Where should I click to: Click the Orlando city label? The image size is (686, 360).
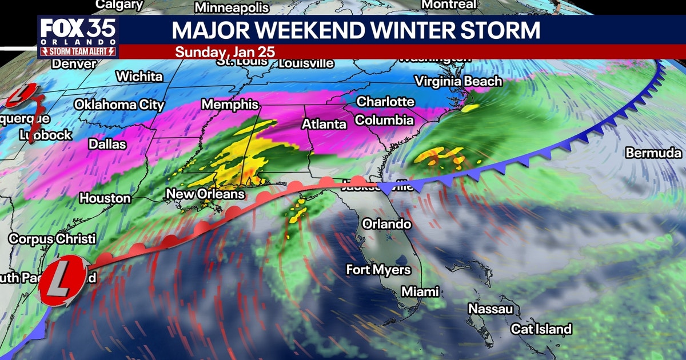(x=386, y=223)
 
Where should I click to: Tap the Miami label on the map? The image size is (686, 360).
(x=420, y=291)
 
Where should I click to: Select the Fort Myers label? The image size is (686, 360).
(x=378, y=269)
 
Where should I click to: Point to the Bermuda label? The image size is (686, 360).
(x=653, y=153)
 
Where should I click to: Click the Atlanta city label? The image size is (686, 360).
(x=324, y=124)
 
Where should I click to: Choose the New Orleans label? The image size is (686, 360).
(x=205, y=194)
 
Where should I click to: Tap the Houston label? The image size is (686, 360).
(x=105, y=198)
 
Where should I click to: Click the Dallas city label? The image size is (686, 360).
(x=107, y=145)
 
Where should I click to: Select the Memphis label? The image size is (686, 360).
(x=230, y=105)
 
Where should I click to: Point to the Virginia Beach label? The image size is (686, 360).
(x=458, y=81)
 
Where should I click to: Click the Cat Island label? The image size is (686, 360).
(x=541, y=329)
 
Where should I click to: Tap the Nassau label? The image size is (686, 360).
(x=490, y=309)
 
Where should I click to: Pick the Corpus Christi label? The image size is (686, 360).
(x=52, y=239)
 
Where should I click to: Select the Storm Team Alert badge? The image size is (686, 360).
(x=78, y=51)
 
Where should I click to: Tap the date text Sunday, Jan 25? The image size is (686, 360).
(x=225, y=51)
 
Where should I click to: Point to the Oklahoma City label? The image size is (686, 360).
(x=119, y=105)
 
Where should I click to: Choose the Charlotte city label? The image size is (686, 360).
(x=385, y=102)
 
